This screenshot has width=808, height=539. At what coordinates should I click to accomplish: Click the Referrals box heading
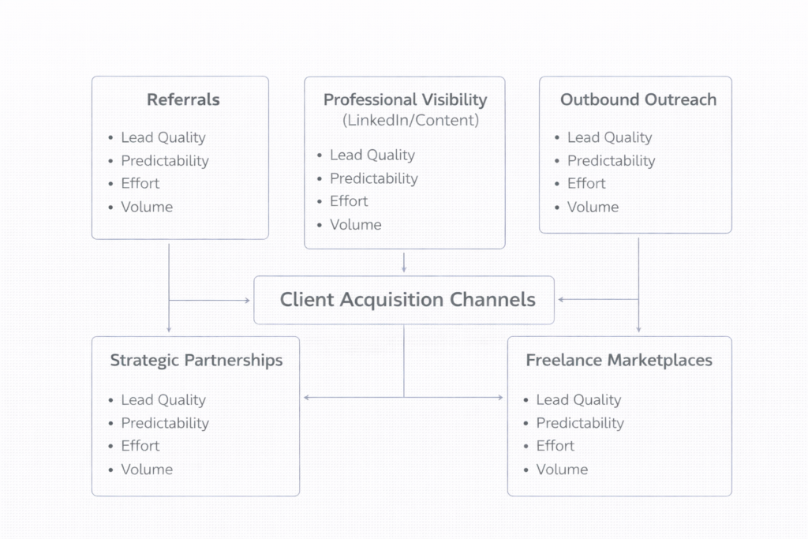tap(183, 100)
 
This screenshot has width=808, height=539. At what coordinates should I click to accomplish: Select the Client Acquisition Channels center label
tap(407, 300)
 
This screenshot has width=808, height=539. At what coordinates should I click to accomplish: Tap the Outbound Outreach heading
tap(638, 100)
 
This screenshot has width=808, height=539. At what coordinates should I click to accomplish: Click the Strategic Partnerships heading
tap(196, 361)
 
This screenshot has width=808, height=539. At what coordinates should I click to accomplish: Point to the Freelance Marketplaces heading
tap(619, 361)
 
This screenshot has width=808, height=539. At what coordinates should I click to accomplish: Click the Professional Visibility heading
tap(405, 100)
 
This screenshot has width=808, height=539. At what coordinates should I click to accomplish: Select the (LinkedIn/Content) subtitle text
tap(410, 121)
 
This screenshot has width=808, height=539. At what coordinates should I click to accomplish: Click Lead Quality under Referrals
tap(163, 137)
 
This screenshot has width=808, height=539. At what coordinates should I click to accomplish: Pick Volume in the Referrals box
tap(147, 207)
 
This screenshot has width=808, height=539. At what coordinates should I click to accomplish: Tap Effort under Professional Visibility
tap(349, 201)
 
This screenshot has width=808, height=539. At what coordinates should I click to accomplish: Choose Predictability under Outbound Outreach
tap(611, 161)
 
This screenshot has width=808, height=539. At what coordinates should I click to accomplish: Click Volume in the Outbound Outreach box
tap(593, 207)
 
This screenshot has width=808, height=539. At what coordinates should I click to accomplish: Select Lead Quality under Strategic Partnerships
tap(163, 400)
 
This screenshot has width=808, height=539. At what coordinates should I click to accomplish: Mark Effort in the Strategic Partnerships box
tap(140, 446)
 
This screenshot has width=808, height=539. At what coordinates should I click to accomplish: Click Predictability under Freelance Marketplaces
tap(580, 423)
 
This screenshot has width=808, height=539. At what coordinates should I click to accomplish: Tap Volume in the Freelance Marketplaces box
tap(562, 470)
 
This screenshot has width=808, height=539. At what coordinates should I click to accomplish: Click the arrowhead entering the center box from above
tap(404, 271)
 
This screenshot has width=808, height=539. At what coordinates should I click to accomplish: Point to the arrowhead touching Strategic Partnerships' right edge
tap(306, 398)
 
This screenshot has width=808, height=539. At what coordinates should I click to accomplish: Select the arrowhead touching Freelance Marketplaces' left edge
tap(500, 398)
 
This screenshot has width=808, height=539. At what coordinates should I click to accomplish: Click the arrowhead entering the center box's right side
tap(560, 300)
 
